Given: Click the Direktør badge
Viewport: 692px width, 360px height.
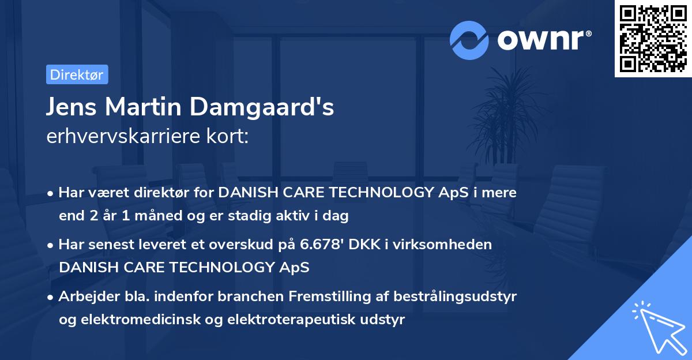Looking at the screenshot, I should coord(77,74).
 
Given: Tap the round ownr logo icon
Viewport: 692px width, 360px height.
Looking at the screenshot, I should coord(470,40).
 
